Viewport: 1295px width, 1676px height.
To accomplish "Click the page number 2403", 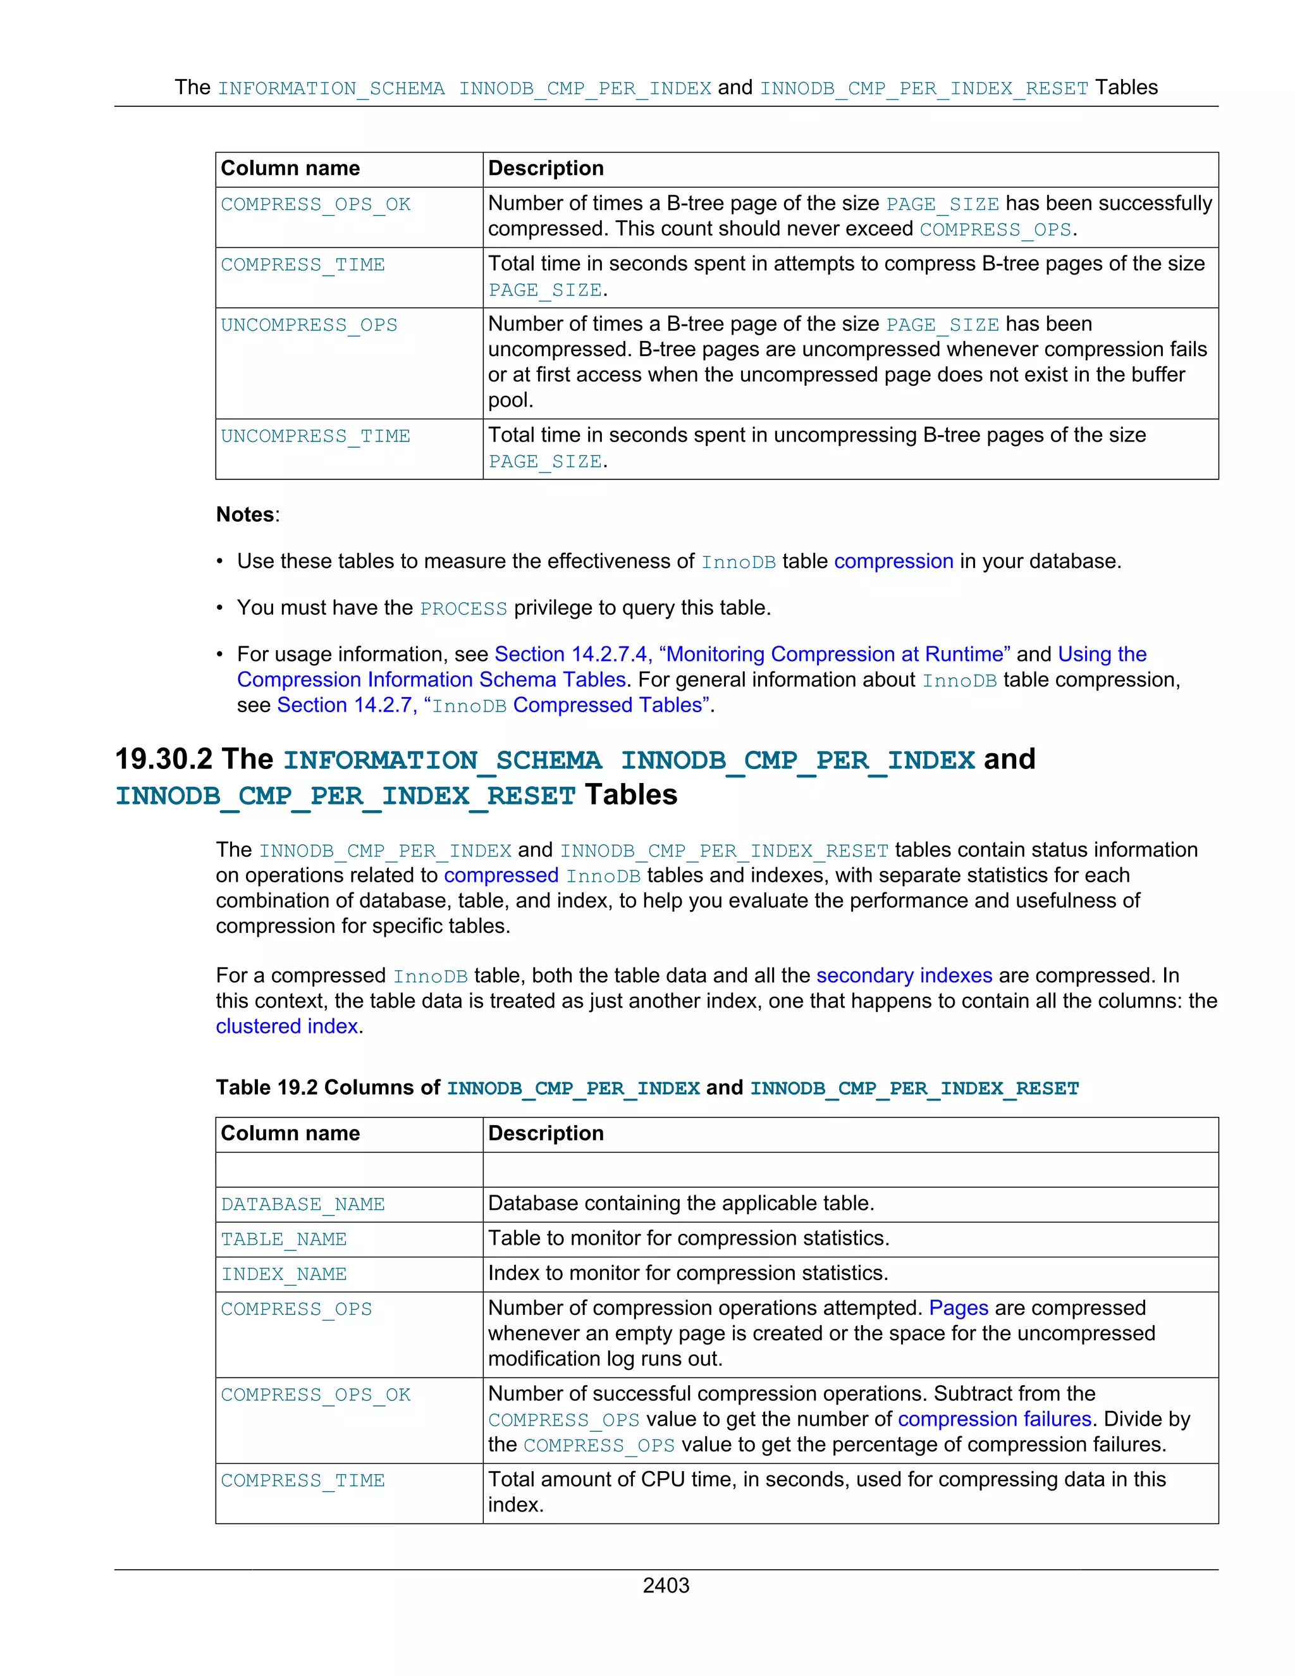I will click(665, 1586).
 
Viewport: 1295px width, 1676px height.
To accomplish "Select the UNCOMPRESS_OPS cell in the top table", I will click(309, 325).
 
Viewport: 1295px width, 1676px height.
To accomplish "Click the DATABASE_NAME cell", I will click(302, 1205).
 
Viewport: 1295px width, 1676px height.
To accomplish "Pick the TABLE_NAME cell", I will click(283, 1240).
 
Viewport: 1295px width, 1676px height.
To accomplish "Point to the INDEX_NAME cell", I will click(283, 1274).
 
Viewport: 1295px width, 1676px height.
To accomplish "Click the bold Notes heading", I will click(245, 514).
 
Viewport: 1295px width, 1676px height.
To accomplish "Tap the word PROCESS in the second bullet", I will click(463, 608).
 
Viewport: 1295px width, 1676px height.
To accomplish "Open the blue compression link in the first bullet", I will click(893, 561).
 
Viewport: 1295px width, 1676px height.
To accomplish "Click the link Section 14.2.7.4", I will click(571, 654).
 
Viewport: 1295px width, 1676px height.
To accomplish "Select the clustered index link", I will click(287, 1026).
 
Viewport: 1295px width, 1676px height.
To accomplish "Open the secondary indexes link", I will click(904, 975).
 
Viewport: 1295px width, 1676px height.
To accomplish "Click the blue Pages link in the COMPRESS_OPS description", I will click(958, 1308).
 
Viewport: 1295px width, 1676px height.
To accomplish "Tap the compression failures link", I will click(994, 1419).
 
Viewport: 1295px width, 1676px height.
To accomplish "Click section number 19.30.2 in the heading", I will click(163, 759).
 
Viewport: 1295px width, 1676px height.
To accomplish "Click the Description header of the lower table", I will click(546, 1133).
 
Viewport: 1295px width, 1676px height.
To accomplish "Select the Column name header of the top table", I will click(290, 168).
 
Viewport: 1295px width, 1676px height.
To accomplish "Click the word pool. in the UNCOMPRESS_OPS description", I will click(510, 400).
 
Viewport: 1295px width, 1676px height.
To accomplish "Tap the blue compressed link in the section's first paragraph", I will click(500, 875).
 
